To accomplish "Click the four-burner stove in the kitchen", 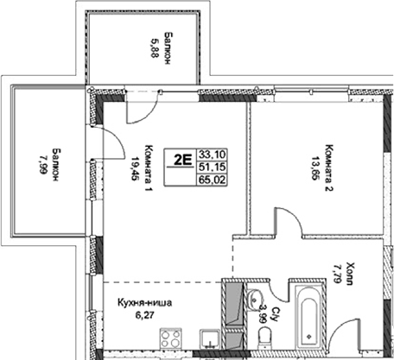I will point(171,339).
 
